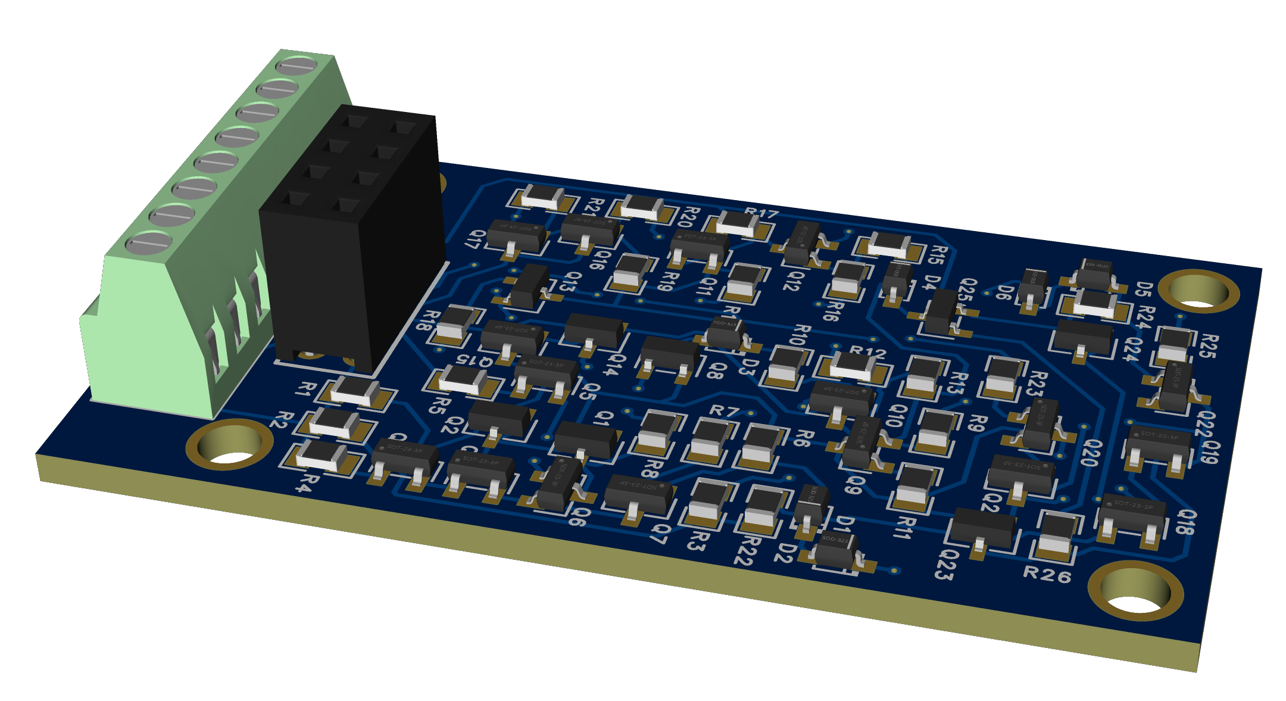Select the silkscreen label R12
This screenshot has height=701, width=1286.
pos(867,353)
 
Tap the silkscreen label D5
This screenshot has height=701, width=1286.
pos(1144,289)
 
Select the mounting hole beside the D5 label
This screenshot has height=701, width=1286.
pos(1202,292)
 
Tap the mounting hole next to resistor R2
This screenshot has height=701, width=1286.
pos(229,445)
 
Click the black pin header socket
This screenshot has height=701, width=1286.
pos(351,238)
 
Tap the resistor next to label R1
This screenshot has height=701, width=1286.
pos(355,391)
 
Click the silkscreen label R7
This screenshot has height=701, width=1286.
pos(725,410)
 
